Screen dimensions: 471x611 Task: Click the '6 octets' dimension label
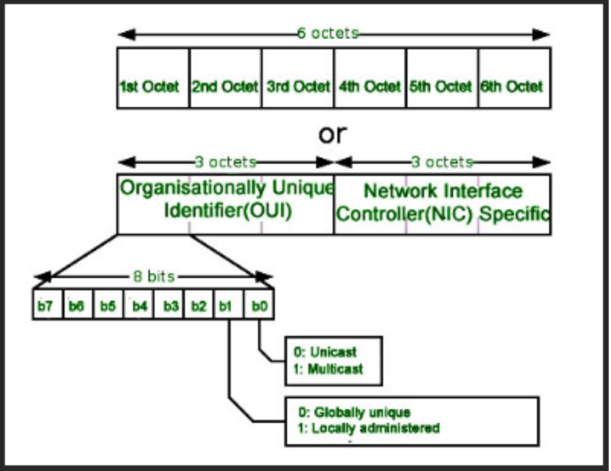tap(328, 34)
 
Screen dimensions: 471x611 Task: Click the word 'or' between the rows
tap(332, 134)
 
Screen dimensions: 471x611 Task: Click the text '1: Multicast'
tap(328, 369)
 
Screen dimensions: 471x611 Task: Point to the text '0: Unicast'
tap(325, 353)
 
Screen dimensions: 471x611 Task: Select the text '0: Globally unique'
tap(352, 412)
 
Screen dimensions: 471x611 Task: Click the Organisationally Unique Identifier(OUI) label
tap(227, 199)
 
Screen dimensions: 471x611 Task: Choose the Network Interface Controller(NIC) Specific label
tap(443, 202)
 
